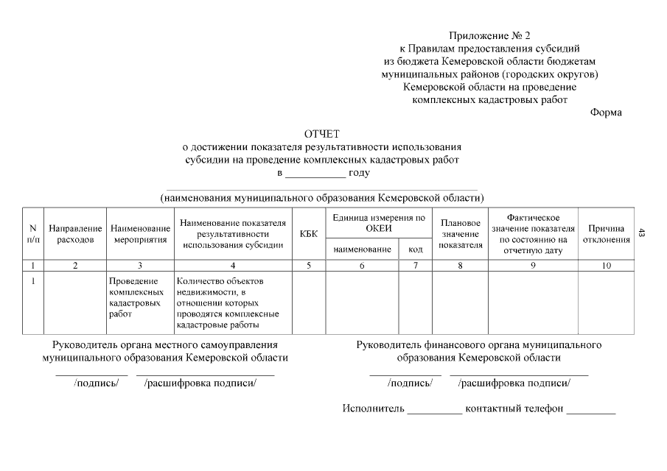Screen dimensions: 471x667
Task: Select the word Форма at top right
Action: coord(606,113)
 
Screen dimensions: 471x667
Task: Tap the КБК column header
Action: coord(309,234)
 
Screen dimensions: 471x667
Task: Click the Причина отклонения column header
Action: coord(606,234)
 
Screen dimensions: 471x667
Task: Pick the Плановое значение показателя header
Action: coord(460,234)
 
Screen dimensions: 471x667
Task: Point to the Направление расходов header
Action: coord(75,234)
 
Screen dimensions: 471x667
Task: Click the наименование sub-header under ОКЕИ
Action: coord(362,249)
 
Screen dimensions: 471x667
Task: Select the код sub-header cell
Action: coord(415,249)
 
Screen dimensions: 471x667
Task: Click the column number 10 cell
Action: coord(606,266)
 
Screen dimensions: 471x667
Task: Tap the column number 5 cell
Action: coord(309,266)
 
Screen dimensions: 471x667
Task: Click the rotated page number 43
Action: coord(642,233)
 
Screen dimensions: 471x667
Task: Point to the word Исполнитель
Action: coord(373,408)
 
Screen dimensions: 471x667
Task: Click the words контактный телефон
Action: coord(514,408)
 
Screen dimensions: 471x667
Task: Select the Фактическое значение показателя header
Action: coord(532,234)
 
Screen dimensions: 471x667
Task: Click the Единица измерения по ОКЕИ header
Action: coord(379,223)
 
